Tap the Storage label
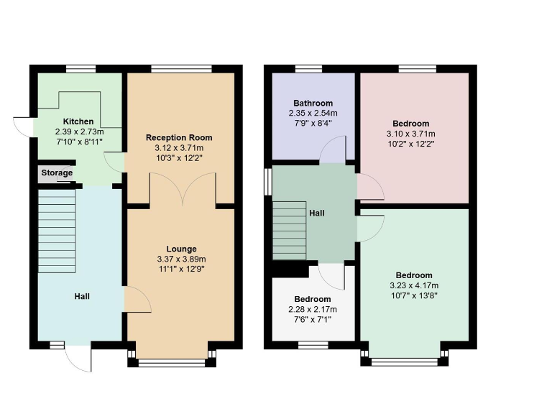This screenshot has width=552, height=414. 56,173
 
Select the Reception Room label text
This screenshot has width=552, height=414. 179,137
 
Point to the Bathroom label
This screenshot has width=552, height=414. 313,103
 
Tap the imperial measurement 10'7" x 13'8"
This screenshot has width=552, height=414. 413,295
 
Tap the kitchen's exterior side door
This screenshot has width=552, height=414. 24,126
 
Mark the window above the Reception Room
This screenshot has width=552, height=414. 171,69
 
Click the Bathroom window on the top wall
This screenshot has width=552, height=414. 308,69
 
